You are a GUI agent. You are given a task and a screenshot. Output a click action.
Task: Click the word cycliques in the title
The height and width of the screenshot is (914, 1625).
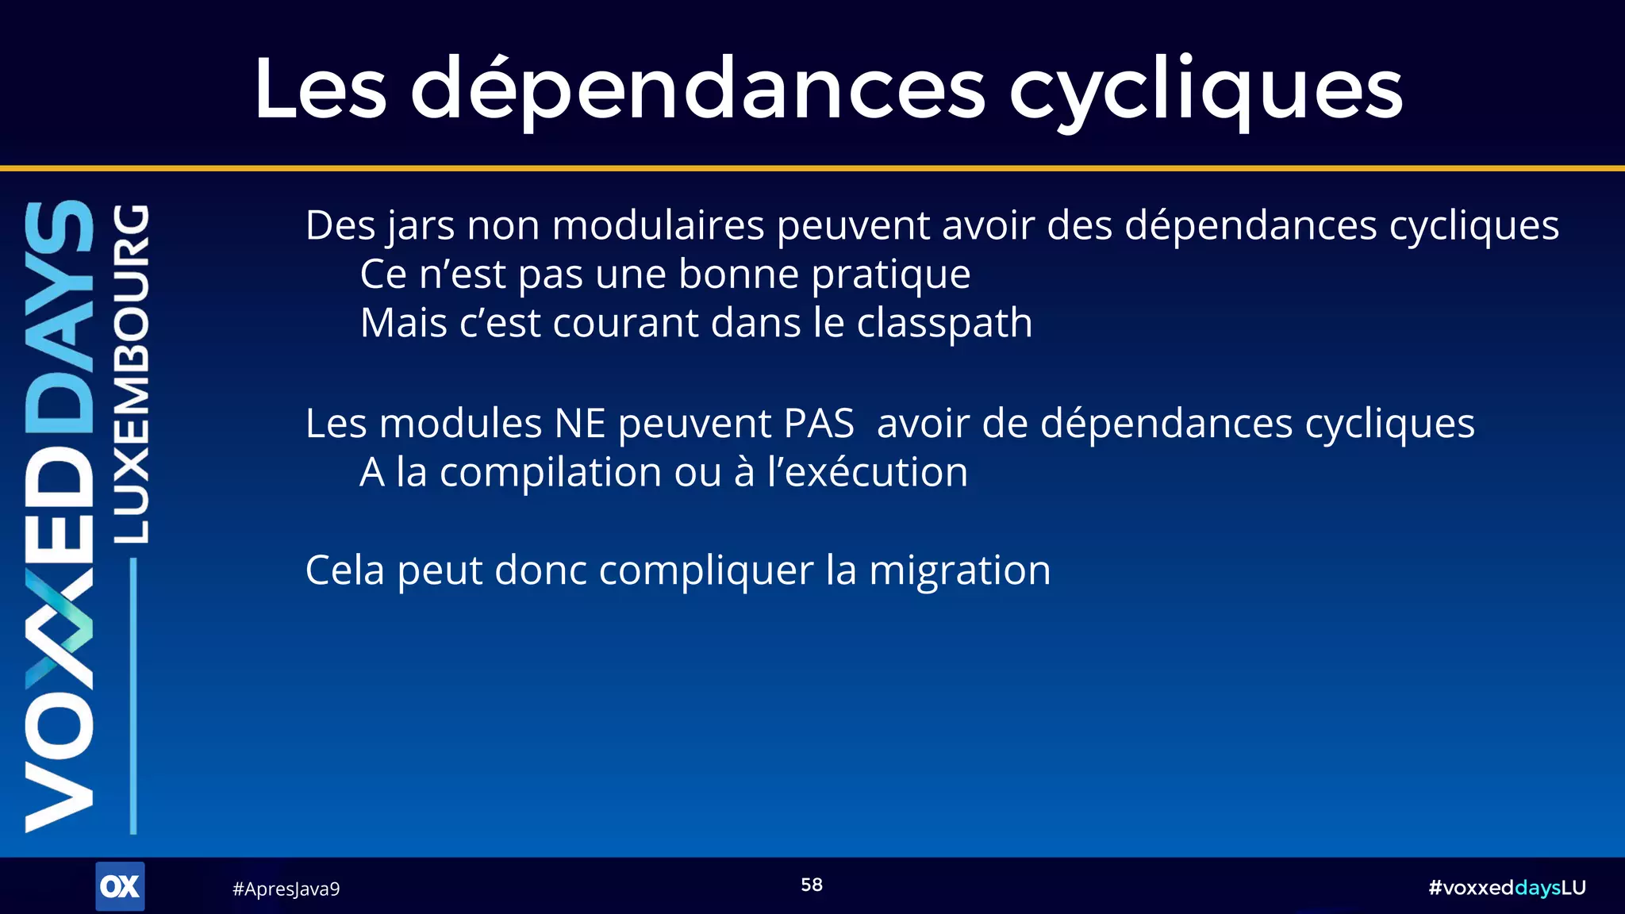1205,90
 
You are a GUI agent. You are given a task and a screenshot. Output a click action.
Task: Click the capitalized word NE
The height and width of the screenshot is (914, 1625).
580,424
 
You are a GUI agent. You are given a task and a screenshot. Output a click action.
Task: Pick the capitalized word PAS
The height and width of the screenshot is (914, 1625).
819,424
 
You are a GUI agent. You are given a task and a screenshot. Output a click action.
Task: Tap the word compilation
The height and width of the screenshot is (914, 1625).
551,474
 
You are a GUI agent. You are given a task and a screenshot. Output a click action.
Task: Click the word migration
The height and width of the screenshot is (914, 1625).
959,571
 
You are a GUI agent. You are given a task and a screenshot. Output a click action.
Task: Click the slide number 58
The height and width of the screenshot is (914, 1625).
812,885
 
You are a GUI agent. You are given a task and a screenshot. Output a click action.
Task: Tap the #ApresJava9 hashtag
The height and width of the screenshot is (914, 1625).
286,889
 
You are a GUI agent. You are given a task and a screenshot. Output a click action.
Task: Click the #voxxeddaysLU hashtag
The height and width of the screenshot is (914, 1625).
1506,888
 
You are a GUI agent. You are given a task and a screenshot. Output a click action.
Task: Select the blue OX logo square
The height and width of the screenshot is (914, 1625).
120,886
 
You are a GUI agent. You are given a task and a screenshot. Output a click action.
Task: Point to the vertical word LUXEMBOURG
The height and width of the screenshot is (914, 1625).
131,373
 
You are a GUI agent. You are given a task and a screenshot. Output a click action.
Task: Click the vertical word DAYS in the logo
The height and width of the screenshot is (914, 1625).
60,317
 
